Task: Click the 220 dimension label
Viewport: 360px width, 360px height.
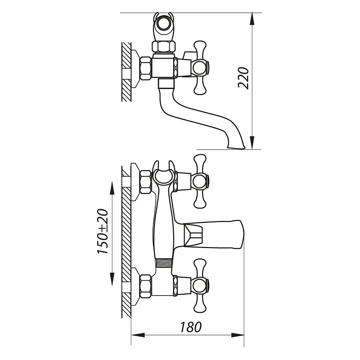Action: point(243,78)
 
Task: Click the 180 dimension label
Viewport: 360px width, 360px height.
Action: point(191,327)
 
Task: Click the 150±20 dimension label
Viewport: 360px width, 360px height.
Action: point(103,231)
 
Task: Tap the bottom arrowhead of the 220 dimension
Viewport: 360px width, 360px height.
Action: point(252,143)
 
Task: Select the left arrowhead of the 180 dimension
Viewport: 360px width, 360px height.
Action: point(138,335)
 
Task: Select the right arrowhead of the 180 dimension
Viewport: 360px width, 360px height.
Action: point(238,335)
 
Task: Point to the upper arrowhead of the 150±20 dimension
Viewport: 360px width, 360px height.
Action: point(112,188)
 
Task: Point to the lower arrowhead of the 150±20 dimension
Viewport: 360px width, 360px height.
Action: point(112,279)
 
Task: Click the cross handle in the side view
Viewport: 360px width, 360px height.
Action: point(200,68)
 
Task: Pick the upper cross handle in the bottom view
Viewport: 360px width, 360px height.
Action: point(200,181)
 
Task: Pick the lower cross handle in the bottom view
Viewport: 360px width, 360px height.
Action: point(200,286)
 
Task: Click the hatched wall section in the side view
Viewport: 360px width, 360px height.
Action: point(126,72)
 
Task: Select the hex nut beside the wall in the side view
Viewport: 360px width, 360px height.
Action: point(145,68)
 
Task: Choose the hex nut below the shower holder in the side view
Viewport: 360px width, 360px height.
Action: point(163,47)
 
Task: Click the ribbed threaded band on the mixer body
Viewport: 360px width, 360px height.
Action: point(163,263)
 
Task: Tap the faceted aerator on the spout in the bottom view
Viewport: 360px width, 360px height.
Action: point(193,236)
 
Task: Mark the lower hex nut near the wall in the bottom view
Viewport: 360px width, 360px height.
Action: point(145,286)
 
